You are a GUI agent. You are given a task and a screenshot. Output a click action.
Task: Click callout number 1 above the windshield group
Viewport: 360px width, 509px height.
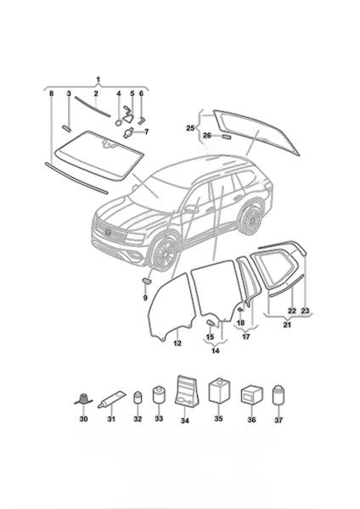[x=98, y=79]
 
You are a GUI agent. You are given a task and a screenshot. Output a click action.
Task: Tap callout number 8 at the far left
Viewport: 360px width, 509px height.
[x=51, y=93]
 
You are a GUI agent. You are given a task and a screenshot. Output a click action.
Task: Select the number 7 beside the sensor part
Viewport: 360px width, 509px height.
[x=147, y=131]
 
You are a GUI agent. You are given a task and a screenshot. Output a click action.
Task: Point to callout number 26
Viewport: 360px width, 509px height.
[x=207, y=136]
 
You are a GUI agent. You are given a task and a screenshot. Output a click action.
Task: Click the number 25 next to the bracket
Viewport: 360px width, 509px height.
[x=190, y=128]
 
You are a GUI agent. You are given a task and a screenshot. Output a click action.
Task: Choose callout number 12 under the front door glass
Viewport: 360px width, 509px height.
[x=177, y=343]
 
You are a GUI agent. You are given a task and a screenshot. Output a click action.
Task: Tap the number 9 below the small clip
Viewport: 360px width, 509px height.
[x=145, y=298]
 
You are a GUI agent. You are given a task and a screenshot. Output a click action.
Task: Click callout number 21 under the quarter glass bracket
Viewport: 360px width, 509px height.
[x=287, y=324]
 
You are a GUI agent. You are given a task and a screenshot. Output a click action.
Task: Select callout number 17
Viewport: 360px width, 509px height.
[x=246, y=337]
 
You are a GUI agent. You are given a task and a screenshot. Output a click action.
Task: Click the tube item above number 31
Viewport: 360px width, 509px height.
[x=110, y=399]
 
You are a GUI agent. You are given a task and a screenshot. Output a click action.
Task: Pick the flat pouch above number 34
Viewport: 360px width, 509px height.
[x=186, y=391]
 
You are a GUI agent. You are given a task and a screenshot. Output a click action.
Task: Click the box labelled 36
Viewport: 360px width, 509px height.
[x=252, y=394]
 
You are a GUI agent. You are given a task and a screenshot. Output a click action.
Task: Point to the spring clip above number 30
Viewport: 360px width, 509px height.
[x=83, y=399]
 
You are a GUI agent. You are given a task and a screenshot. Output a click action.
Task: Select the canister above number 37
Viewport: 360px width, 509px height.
[x=278, y=395]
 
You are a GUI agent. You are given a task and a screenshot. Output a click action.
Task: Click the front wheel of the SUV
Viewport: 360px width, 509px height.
[x=166, y=254]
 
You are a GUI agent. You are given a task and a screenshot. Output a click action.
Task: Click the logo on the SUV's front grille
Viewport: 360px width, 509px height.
[x=108, y=232]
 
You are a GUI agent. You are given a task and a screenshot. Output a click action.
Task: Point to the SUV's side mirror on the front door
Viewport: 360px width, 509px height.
[x=192, y=209]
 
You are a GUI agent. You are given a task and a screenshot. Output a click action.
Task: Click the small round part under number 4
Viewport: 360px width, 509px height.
[x=119, y=122]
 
